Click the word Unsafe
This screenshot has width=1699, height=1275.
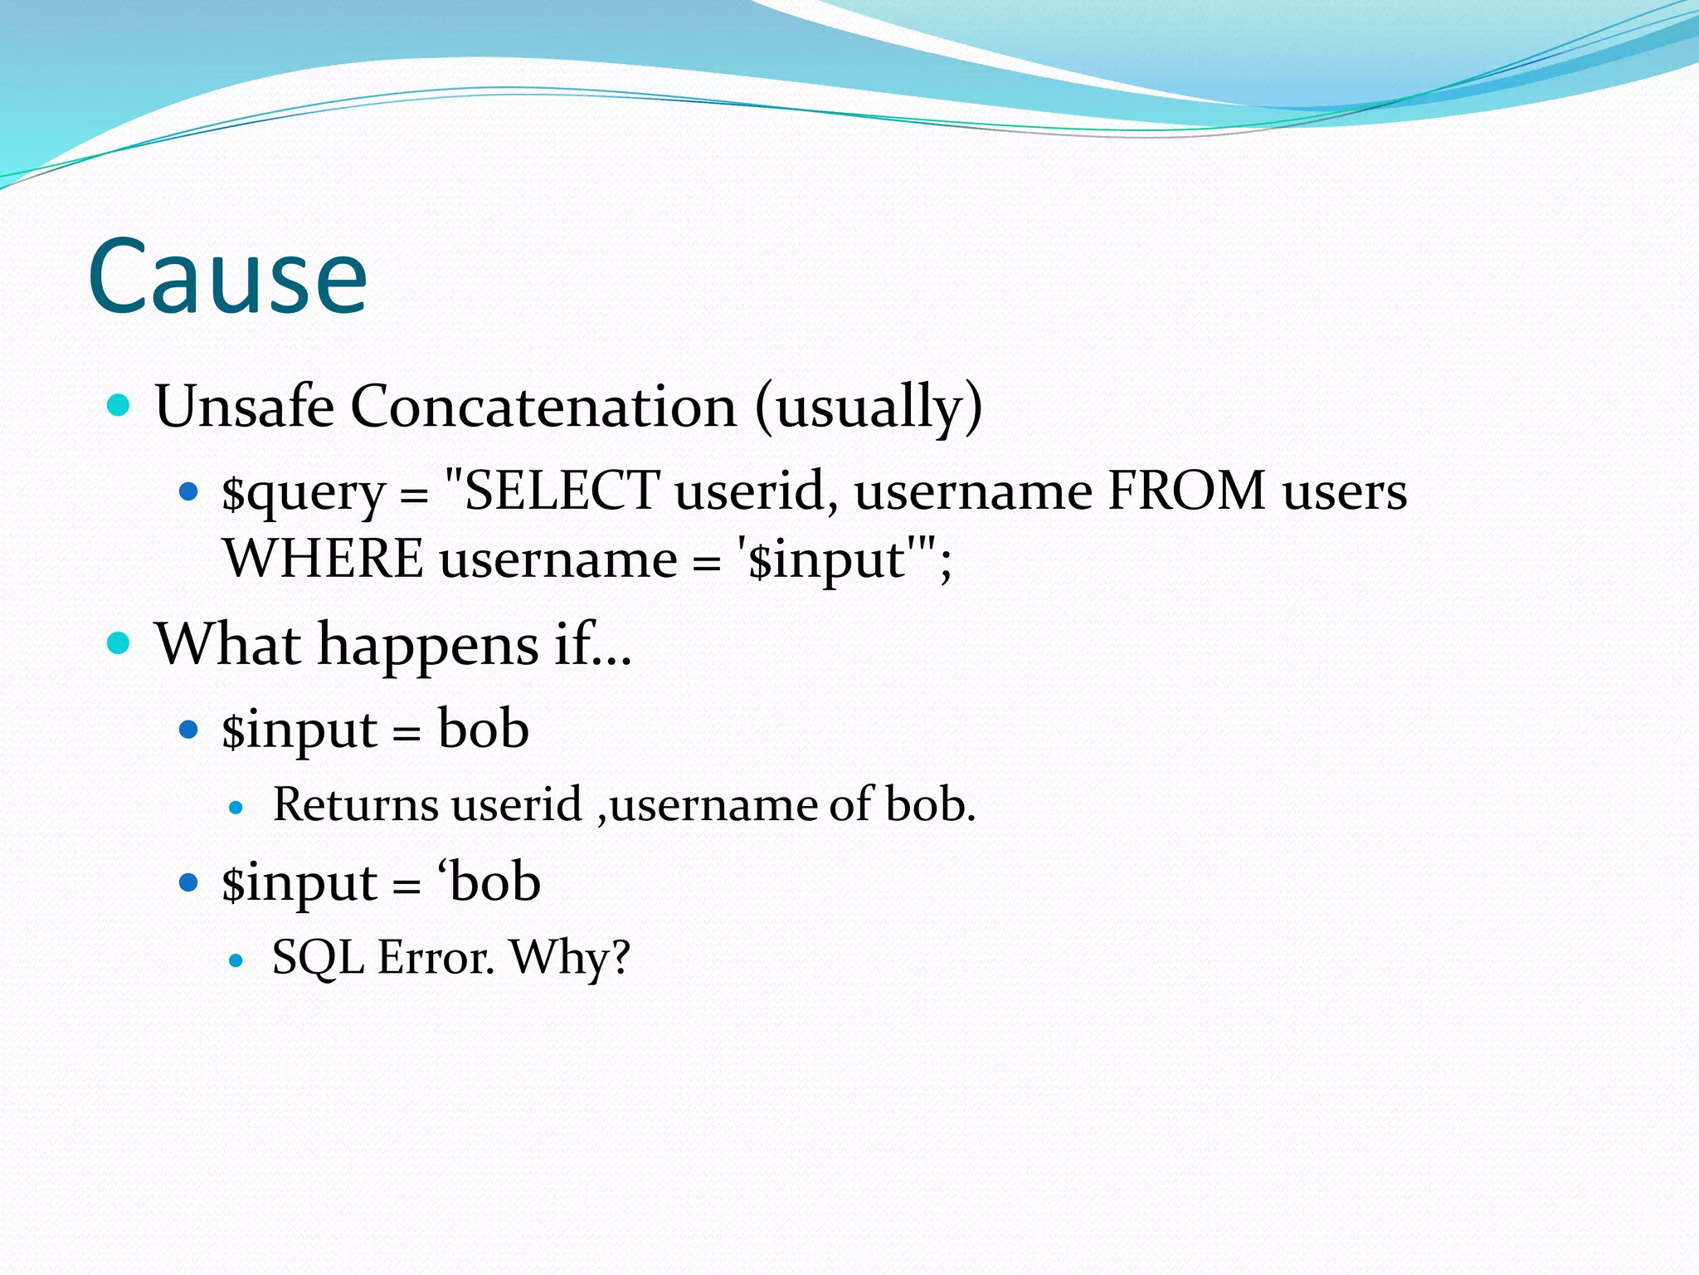[244, 407]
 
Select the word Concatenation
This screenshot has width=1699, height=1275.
[543, 407]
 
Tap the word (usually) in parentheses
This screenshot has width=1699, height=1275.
[869, 407]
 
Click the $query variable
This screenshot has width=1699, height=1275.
[303, 492]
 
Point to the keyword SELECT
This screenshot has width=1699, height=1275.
[562, 491]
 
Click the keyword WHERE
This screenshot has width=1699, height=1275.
[324, 559]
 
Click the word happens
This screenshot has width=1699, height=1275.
[428, 645]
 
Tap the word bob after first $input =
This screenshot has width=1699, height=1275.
[484, 729]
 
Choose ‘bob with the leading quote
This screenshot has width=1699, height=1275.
[489, 882]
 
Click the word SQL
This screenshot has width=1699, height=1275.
[318, 958]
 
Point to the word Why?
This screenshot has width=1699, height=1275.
[570, 958]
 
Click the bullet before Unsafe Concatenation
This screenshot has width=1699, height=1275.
[119, 406]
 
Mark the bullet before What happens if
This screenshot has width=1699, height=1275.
[119, 643]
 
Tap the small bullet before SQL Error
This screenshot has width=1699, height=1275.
[236, 960]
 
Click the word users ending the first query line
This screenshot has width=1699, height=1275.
[1344, 491]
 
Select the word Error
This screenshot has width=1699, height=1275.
[436, 958]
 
